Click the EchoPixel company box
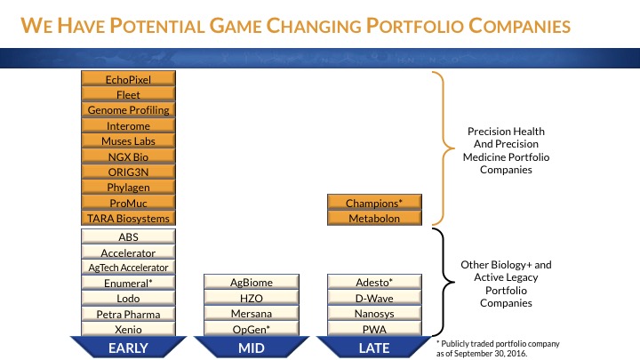128,79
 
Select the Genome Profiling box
128,110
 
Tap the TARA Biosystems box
128,218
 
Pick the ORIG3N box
128,172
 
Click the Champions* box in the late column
373,203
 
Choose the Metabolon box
373,218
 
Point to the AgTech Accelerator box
128,268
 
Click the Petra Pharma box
128,314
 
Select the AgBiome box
251,283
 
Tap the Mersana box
251,314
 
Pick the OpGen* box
251,329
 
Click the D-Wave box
373,298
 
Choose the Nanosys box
373,314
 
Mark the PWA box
373,329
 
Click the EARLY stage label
128,348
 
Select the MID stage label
251,348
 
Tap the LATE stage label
373,348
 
